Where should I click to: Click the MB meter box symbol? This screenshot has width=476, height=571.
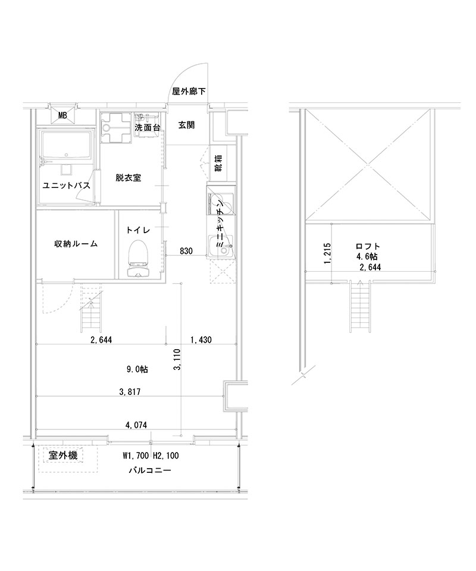point(62,115)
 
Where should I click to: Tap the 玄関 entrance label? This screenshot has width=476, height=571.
point(185,126)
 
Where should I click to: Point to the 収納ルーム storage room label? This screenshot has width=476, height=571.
point(76,244)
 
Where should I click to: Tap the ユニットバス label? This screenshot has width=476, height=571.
point(66,186)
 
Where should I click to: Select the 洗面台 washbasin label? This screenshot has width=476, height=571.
point(147,127)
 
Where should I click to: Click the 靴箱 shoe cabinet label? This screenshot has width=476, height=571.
point(218,162)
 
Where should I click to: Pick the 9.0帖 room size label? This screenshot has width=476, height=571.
point(137,369)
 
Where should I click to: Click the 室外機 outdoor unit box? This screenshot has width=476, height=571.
point(62,456)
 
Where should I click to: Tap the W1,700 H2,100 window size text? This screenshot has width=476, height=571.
point(151,456)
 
